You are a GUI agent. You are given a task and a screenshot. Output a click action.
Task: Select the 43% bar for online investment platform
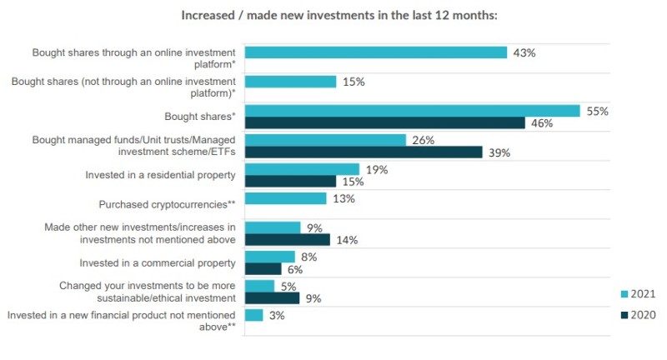click(x=376, y=52)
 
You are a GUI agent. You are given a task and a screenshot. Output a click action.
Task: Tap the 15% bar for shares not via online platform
click(x=290, y=82)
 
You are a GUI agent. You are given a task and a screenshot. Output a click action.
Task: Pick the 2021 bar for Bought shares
click(x=412, y=111)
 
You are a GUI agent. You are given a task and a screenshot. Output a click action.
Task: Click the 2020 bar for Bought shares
click(x=384, y=123)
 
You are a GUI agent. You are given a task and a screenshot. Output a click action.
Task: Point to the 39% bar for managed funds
click(x=364, y=152)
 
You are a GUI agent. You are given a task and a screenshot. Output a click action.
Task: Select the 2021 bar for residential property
click(x=302, y=169)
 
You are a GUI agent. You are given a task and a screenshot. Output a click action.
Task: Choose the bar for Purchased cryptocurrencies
click(x=285, y=198)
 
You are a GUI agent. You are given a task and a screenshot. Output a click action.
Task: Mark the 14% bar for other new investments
click(x=288, y=240)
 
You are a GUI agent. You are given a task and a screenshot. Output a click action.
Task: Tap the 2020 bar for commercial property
click(x=263, y=269)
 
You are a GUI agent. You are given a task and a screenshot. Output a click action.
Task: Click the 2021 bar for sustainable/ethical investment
click(x=259, y=286)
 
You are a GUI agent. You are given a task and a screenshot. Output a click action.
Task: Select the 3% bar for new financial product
click(x=254, y=315)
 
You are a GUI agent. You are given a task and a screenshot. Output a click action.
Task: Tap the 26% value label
click(x=424, y=140)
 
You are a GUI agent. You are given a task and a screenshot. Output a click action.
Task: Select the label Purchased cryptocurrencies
click(x=170, y=202)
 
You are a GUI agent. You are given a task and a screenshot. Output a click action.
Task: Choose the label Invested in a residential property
click(x=161, y=176)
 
